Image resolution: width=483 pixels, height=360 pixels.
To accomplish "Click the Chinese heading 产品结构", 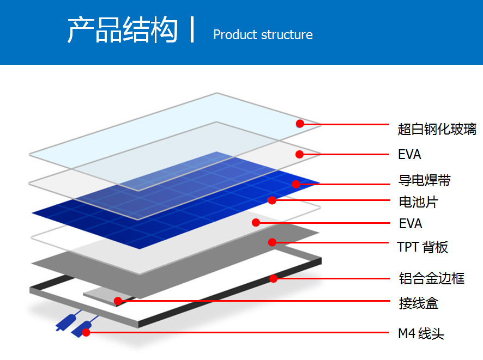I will [x=123, y=30].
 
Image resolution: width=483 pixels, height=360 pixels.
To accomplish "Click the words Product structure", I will [x=263, y=35].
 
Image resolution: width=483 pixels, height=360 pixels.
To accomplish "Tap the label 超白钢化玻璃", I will [x=437, y=129].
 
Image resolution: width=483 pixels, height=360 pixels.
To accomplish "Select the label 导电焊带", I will [x=425, y=180].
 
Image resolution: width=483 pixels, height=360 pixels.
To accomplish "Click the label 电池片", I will [x=418, y=202].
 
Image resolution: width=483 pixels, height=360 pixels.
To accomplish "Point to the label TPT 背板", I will [x=422, y=247].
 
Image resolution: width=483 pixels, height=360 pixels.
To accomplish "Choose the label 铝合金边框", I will [x=431, y=278].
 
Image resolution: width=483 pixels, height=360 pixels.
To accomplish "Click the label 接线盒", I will [x=418, y=303].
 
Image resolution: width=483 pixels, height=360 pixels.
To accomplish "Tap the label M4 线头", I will [x=421, y=333].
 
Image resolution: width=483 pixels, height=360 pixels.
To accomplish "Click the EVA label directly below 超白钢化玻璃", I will [x=409, y=155].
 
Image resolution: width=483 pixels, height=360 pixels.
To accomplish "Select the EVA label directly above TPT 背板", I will [x=409, y=223].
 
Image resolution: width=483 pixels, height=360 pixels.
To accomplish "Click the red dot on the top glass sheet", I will [x=300, y=124].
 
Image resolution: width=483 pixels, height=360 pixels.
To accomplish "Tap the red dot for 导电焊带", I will [x=295, y=184].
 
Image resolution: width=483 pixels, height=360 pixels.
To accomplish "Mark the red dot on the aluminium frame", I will [x=274, y=278].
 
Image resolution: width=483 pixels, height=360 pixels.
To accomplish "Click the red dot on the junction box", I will [x=118, y=301].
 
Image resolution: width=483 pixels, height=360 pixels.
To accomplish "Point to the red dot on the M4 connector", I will [x=86, y=332].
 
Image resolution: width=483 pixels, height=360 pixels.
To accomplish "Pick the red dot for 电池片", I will [x=272, y=200].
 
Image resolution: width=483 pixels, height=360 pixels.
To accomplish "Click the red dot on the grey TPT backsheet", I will [x=272, y=242].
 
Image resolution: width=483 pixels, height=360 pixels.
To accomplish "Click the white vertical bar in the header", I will [x=192, y=29].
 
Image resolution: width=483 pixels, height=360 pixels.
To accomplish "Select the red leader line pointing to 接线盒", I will [x=256, y=300].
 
